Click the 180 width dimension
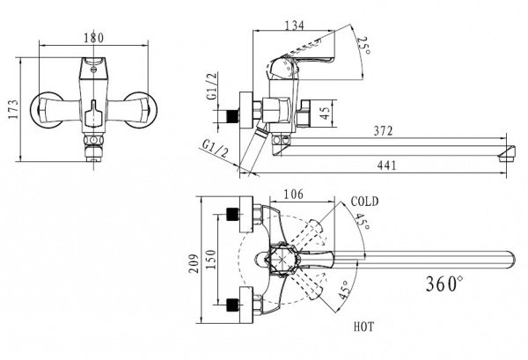point(93,38)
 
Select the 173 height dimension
point(13,109)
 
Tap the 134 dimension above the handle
point(295,26)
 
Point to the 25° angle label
point(363,46)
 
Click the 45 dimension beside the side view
point(325,113)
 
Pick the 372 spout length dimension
point(383,130)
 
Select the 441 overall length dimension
point(386,165)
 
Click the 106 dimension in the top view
point(293,195)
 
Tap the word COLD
point(364,202)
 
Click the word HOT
point(363,327)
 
